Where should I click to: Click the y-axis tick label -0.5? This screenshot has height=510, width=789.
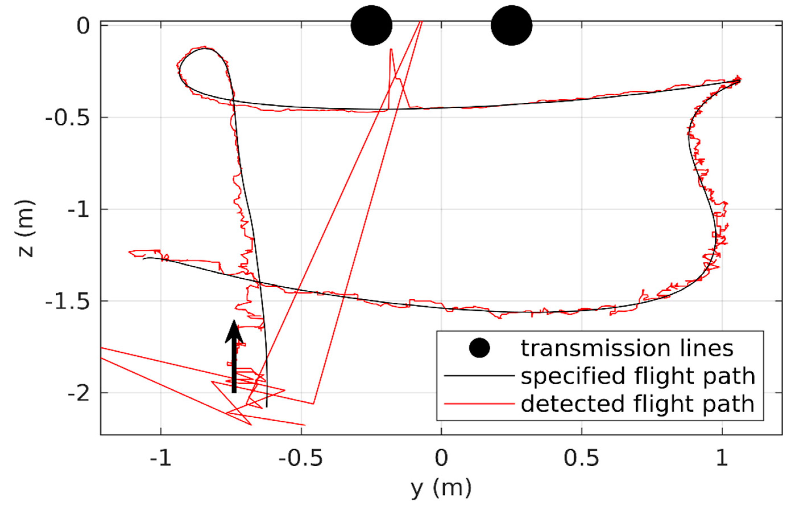tap(67, 117)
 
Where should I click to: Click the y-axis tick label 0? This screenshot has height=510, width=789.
tap(83, 26)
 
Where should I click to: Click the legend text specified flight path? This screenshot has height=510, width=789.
tap(638, 376)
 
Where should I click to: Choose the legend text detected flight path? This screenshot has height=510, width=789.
tap(638, 404)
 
